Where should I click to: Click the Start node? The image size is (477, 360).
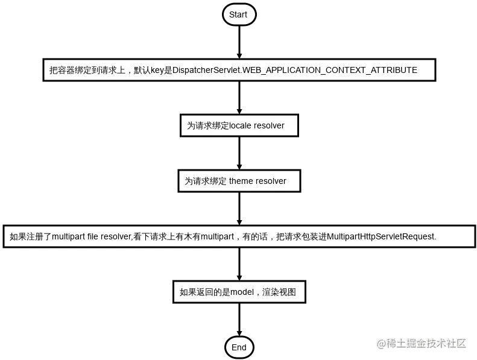click(238, 14)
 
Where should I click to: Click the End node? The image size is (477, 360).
click(239, 347)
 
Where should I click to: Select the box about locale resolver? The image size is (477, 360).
click(239, 125)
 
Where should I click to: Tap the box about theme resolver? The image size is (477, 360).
click(239, 181)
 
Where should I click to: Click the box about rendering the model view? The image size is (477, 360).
click(239, 292)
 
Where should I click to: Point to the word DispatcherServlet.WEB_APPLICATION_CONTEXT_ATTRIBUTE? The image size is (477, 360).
click(295, 70)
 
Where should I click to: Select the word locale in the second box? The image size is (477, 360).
click(240, 125)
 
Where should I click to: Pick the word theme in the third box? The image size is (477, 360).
click(241, 181)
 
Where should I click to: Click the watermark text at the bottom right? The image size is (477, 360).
click(422, 343)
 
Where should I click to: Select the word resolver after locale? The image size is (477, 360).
click(269, 125)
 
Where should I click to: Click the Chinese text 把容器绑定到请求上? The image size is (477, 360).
click(87, 70)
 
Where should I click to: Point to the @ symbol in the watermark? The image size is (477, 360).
click(381, 343)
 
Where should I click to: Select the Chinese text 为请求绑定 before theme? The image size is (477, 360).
click(205, 181)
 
